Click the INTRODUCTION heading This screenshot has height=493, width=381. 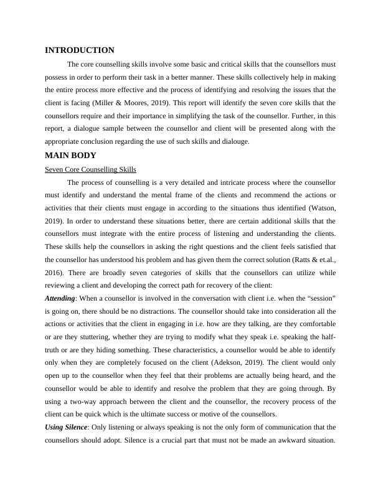pos(80,50)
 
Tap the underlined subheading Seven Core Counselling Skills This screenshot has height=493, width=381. pos(90,169)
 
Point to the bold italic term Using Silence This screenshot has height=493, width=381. pos(68,428)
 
